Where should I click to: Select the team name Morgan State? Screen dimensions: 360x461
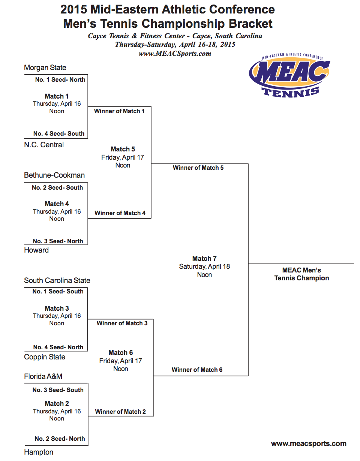(x=45, y=68)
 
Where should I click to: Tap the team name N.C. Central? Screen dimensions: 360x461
(x=44, y=145)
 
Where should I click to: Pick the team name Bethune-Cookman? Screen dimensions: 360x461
(x=54, y=175)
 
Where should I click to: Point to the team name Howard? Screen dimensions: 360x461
(x=36, y=250)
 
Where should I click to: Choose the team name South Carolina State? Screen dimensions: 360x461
(x=57, y=281)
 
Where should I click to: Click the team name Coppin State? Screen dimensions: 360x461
(x=45, y=357)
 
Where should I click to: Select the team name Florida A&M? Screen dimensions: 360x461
(x=43, y=376)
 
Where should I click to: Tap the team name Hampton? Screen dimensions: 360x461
(x=39, y=452)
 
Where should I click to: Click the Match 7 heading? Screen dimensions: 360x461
(x=204, y=259)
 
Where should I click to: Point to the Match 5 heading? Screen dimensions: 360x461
(x=123, y=149)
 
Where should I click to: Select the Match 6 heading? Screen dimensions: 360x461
(x=121, y=353)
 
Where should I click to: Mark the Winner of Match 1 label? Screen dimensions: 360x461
(x=119, y=111)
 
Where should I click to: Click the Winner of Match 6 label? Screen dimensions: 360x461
(x=197, y=370)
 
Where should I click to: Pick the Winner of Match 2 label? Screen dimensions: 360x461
(x=120, y=412)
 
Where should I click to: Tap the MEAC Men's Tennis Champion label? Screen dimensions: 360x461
(x=301, y=274)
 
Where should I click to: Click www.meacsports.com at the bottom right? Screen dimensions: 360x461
(x=309, y=444)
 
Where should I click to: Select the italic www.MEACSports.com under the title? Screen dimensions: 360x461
(x=175, y=54)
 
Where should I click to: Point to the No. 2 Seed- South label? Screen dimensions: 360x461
(x=57, y=188)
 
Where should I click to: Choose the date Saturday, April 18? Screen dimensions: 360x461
(x=204, y=267)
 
